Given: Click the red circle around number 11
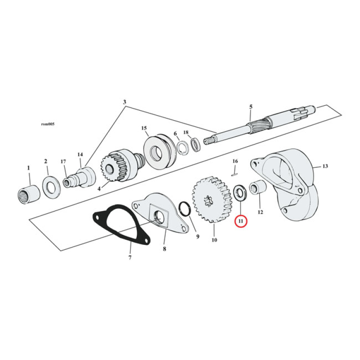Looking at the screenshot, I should pyautogui.click(x=241, y=221).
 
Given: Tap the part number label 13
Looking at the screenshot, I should pyautogui.click(x=325, y=166).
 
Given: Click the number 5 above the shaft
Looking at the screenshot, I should pyautogui.click(x=251, y=106).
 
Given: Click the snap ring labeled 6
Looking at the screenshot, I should pyautogui.click(x=183, y=148).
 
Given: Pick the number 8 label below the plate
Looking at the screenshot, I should pyautogui.click(x=164, y=248).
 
